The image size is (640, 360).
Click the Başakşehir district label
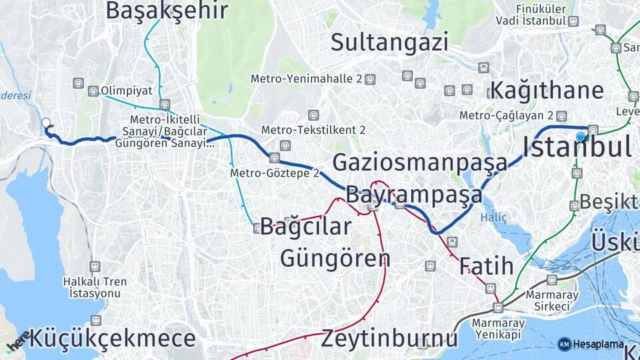(x=167, y=10)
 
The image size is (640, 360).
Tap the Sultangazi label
(x=389, y=42)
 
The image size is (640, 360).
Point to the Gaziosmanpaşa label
(x=420, y=162)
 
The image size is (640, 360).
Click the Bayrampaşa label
(x=413, y=195)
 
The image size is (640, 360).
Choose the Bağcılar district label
(x=305, y=227)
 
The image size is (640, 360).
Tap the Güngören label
(x=335, y=257)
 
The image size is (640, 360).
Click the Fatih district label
(x=486, y=267)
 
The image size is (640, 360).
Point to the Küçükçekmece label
(x=113, y=339)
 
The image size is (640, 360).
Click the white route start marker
(x=46, y=123)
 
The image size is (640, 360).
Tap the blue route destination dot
(x=581, y=137)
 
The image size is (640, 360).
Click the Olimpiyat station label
(x=127, y=91)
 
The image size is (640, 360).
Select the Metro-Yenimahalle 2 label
(x=307, y=79)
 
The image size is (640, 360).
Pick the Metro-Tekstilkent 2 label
(x=313, y=129)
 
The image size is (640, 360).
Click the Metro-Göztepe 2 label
(x=274, y=173)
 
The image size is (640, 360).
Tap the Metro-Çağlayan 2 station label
(x=507, y=115)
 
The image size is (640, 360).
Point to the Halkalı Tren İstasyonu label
(x=95, y=287)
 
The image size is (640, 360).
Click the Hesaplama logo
(x=591, y=344)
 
